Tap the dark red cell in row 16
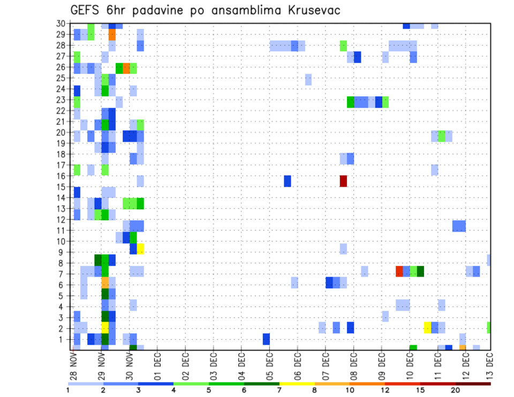tap(343, 181)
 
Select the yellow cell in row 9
tap(140, 248)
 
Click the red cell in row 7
tap(399, 271)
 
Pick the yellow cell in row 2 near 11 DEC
tap(427, 327)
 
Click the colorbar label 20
tap(455, 390)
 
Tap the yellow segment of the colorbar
tap(297, 384)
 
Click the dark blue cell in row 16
tap(288, 181)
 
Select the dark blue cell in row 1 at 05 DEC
tap(266, 339)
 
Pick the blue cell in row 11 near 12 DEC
tap(459, 226)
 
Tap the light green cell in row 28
tap(343, 46)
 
